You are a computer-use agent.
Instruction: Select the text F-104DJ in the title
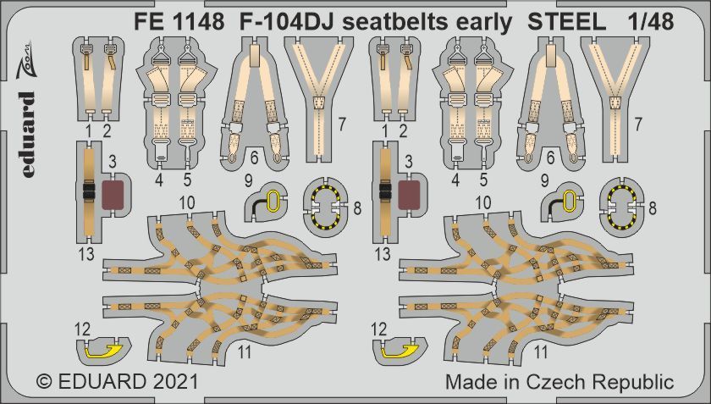click(275, 23)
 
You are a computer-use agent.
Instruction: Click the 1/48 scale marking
click(652, 23)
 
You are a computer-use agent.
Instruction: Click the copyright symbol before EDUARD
click(46, 382)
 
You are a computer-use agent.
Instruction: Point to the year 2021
click(173, 382)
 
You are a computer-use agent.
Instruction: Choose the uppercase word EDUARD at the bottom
click(100, 382)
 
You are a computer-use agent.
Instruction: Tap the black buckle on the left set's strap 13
click(88, 191)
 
